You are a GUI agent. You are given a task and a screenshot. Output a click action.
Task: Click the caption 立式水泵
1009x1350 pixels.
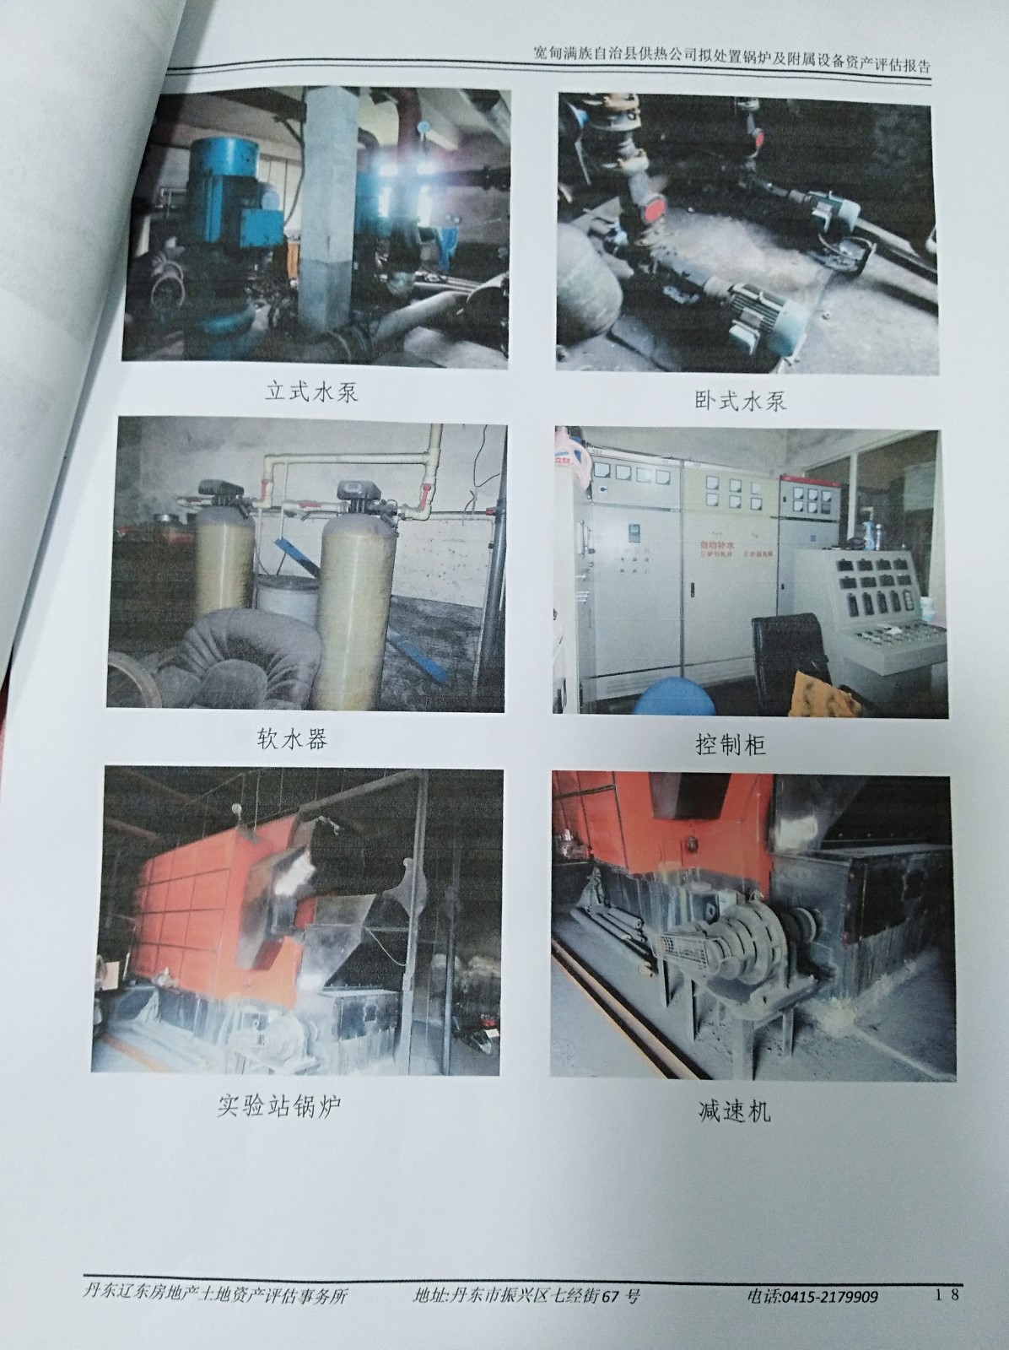[311, 391]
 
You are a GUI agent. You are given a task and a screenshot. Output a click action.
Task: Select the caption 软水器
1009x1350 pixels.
[292, 738]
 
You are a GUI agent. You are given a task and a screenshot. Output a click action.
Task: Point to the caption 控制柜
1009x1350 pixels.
[731, 745]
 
